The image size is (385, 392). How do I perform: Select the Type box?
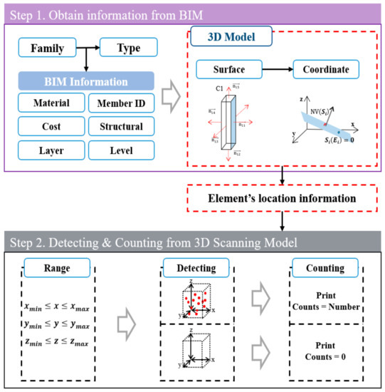coord(129,48)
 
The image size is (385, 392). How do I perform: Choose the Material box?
coord(50,103)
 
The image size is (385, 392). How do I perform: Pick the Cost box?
coord(50,127)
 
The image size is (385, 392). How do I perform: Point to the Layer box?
coord(50,150)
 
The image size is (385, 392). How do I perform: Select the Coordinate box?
coord(322,71)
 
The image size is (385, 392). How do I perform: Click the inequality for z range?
coord(58,344)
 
